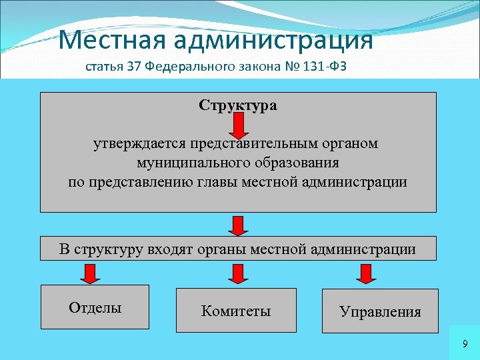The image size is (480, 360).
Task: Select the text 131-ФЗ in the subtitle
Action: (321, 67)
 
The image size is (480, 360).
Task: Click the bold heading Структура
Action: (238, 105)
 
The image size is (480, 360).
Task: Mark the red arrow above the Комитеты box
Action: (237, 273)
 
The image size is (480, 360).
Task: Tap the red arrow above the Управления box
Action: (365, 273)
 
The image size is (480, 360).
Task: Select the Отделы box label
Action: (95, 307)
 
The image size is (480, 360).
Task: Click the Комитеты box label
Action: (236, 311)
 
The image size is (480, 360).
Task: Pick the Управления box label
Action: (380, 311)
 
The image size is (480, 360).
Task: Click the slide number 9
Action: (465, 343)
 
